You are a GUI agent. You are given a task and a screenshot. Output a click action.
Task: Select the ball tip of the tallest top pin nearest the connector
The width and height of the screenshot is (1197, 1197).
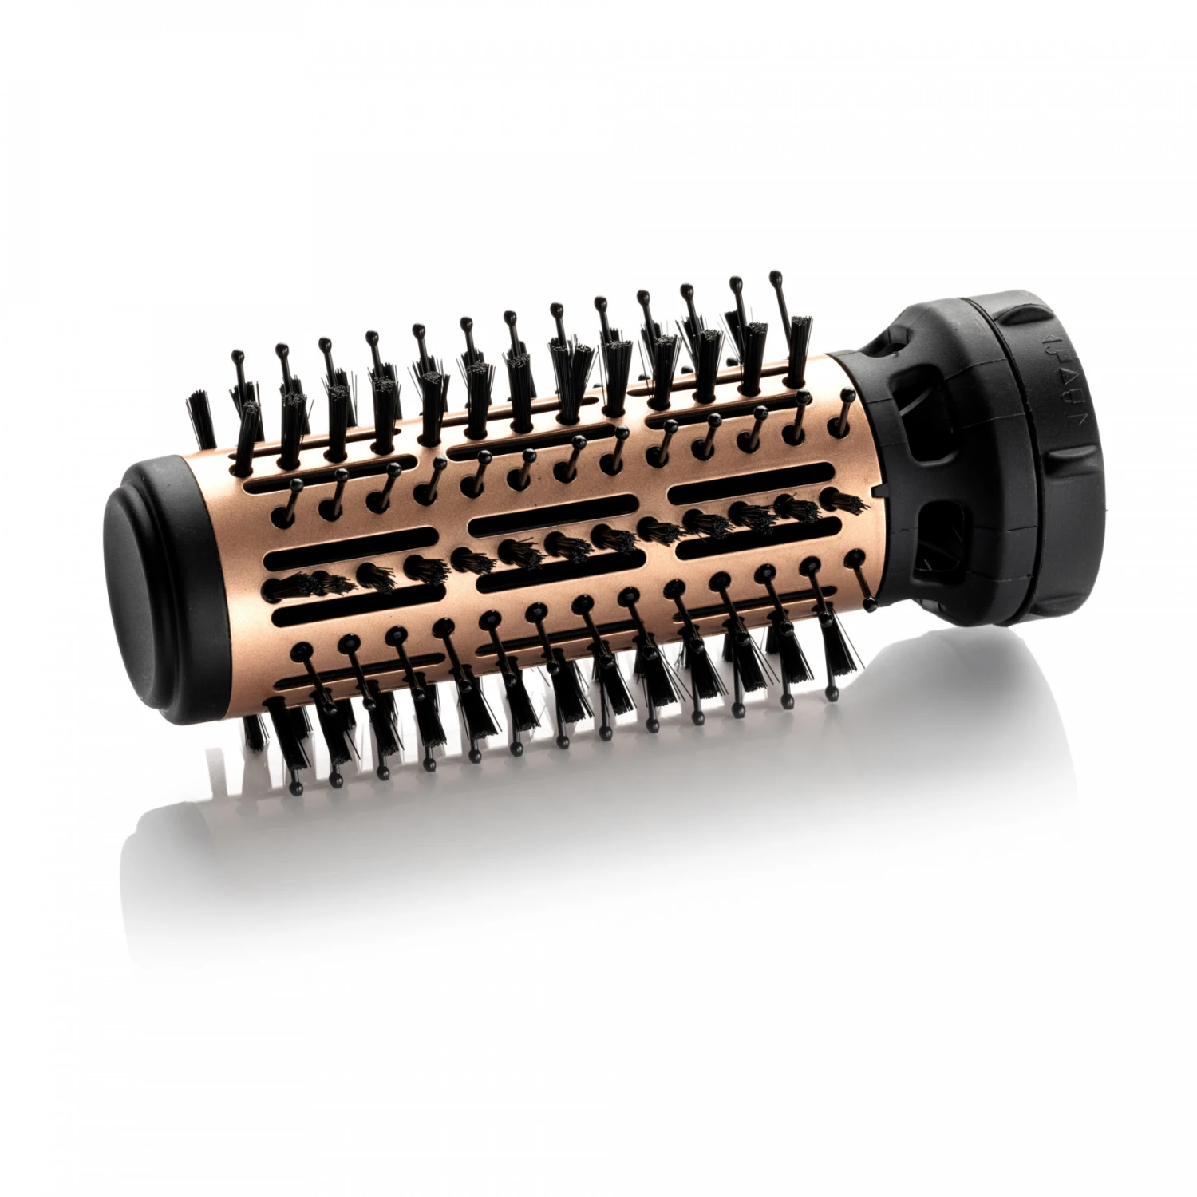pyautogui.click(x=774, y=276)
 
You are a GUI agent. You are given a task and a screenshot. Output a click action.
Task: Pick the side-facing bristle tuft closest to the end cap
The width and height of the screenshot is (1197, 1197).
pyautogui.click(x=279, y=587)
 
